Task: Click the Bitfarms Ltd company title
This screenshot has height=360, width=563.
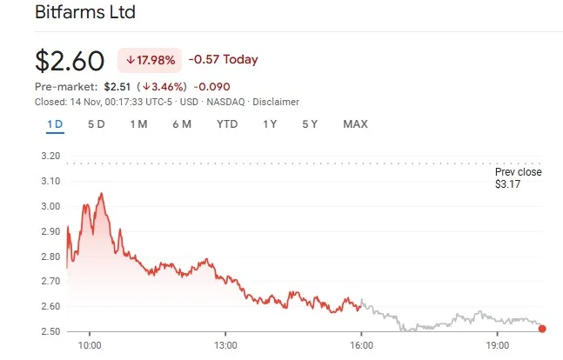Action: coord(85,13)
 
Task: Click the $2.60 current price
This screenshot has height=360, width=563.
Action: coord(70,61)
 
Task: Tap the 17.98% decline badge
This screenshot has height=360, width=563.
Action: coord(151,60)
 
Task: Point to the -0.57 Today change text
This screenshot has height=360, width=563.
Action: coord(223,60)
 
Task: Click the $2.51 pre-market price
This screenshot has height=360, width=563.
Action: coord(117,87)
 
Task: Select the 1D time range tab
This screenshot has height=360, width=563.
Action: coord(55,124)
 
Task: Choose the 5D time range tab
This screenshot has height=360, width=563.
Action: coord(97,124)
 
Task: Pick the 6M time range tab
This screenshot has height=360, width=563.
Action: coord(181,124)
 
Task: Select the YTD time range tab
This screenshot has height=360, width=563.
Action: coord(227,124)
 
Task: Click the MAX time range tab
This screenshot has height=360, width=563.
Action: coord(355,124)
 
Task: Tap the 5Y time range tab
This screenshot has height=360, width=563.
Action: coord(310,124)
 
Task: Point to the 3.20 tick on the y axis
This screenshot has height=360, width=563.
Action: coord(50,157)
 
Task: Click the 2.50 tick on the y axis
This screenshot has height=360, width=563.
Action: coord(50,331)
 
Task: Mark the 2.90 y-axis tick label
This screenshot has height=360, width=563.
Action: coord(50,231)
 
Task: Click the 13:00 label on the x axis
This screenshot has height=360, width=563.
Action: coord(225,346)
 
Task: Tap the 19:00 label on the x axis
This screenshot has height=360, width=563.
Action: coord(497,346)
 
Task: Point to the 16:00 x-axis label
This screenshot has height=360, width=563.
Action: coord(361,346)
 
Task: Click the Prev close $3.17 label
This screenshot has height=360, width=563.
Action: coord(518,178)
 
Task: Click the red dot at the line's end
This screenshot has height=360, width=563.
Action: coord(543,329)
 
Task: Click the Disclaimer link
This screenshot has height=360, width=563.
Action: coord(275,102)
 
